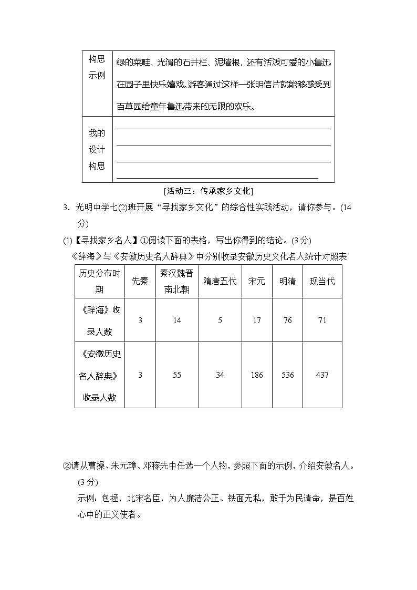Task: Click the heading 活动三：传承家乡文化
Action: click(208, 190)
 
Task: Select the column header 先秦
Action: click(140, 281)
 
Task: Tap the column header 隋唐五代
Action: click(220, 281)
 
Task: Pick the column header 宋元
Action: click(256, 281)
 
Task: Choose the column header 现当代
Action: click(322, 281)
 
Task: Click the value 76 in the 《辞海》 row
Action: click(287, 320)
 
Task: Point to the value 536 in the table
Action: click(287, 375)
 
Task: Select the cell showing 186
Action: click(256, 375)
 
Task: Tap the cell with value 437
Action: click(322, 375)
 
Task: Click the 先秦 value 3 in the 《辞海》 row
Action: click(140, 320)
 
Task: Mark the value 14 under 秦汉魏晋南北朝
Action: click(177, 320)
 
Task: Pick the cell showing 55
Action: click(177, 375)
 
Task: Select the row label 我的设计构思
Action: click(97, 150)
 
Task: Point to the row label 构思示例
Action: click(97, 67)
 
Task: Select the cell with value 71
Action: click(322, 320)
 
